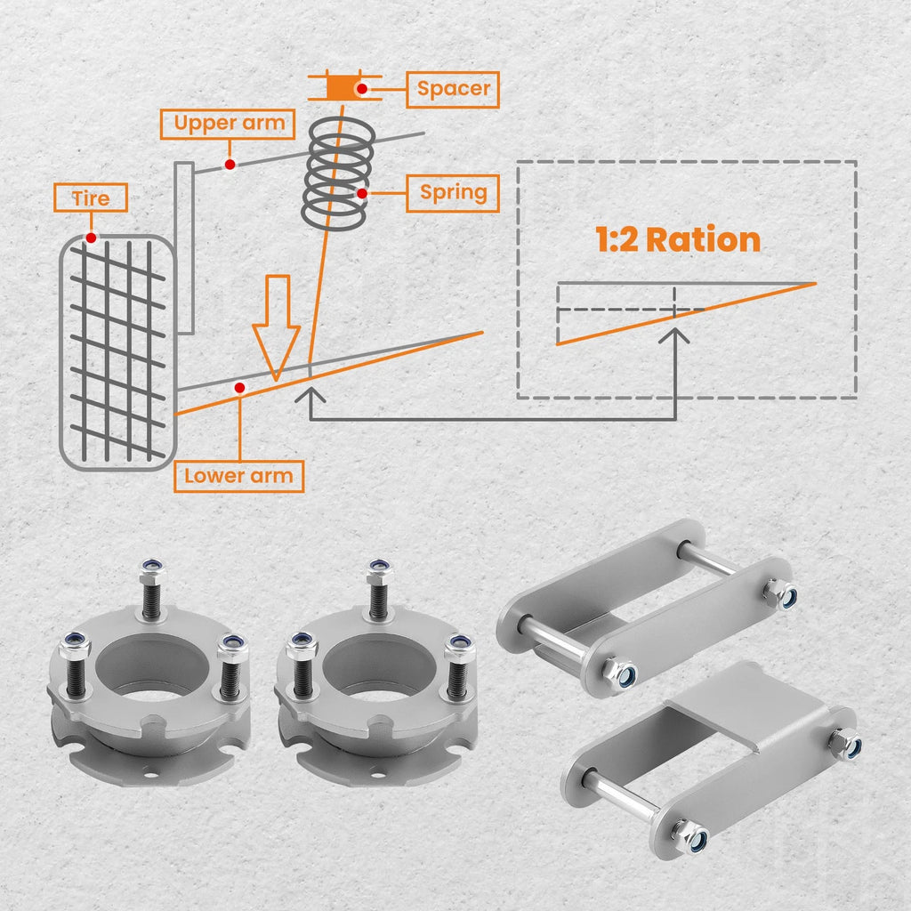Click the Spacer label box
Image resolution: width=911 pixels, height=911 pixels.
pyautogui.click(x=453, y=90)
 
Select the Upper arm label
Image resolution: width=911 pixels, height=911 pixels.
pyautogui.click(x=228, y=125)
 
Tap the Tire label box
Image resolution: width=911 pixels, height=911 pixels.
pyautogui.click(x=91, y=198)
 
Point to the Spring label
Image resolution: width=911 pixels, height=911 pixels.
pyautogui.click(x=453, y=193)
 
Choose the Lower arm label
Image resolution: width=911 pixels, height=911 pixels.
pyautogui.click(x=238, y=477)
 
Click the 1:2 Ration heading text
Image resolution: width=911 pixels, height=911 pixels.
pyautogui.click(x=678, y=239)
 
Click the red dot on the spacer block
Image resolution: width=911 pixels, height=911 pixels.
pyautogui.click(x=362, y=89)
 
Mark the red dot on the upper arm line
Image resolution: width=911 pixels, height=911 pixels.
pyautogui.click(x=230, y=165)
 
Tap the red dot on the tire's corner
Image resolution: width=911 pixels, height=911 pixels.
pyautogui.click(x=92, y=238)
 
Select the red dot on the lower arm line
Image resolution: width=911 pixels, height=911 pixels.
pyautogui.click(x=239, y=388)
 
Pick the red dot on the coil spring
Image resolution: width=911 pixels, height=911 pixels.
pyautogui.click(x=362, y=193)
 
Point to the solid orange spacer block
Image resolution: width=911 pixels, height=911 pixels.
pyautogui.click(x=343, y=88)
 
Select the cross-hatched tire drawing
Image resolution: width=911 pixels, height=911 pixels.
pyautogui.click(x=118, y=352)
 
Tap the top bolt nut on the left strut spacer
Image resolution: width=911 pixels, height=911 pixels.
pyautogui.click(x=152, y=572)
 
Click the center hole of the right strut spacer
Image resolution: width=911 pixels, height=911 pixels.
pyautogui.click(x=379, y=668)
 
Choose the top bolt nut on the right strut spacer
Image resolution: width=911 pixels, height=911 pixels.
pyautogui.click(x=379, y=572)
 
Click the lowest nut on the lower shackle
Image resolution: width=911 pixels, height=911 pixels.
pyautogui.click(x=691, y=836)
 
